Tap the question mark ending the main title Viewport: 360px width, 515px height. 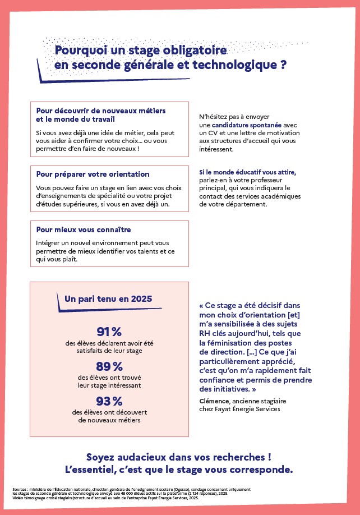point(284,65)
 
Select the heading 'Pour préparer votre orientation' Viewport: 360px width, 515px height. point(93,174)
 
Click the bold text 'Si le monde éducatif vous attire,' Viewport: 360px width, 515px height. point(247,172)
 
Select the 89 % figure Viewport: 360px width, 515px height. point(109,366)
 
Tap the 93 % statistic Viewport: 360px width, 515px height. point(109,401)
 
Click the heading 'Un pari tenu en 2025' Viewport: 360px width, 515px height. point(109,299)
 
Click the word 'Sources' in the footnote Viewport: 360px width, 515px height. point(20,490)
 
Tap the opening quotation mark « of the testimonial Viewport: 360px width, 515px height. point(202,306)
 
